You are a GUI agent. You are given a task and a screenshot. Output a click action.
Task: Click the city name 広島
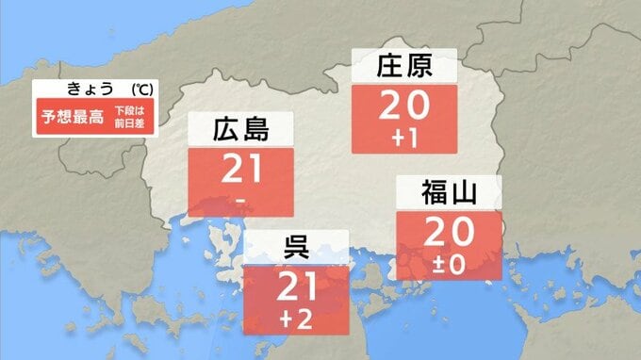tap(241, 129)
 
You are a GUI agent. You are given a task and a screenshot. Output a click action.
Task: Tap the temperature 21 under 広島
tap(241, 170)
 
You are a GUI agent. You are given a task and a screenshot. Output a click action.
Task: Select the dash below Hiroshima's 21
tap(241, 200)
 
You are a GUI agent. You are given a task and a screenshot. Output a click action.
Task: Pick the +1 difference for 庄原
tap(403, 138)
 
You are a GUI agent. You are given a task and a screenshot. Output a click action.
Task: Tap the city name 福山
tap(449, 194)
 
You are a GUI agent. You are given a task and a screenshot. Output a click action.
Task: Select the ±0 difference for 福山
tap(449, 264)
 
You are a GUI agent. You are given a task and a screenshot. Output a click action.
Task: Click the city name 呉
tap(296, 248)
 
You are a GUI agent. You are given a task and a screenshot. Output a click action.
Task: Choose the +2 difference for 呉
tap(296, 319)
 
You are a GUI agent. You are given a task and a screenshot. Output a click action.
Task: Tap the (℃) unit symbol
tap(141, 89)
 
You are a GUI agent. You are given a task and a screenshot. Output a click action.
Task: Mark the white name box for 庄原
tap(403, 67)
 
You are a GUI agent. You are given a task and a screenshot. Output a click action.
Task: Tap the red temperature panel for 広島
tap(241, 181)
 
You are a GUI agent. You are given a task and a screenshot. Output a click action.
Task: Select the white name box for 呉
tap(296, 248)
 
